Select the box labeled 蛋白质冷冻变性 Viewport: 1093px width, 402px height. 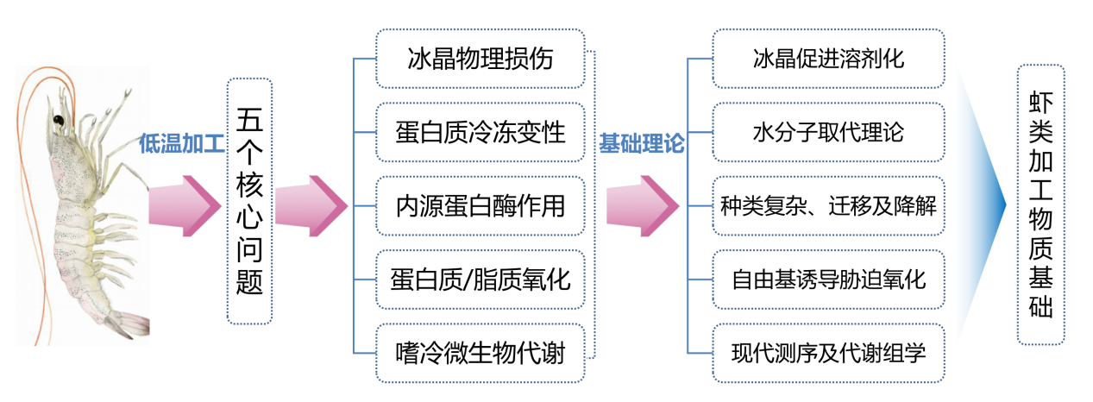[x=481, y=132]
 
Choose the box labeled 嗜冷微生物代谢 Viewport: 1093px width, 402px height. [x=481, y=352]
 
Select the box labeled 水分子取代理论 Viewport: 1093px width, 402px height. [x=828, y=132]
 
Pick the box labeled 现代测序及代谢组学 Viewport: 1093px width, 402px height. [x=828, y=352]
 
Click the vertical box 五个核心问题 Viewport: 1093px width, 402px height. [x=249, y=201]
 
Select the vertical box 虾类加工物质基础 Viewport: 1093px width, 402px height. [x=1040, y=204]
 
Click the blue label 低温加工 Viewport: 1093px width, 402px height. [x=181, y=145]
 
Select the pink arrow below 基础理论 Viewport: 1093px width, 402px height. [x=644, y=207]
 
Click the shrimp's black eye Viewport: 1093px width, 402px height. [x=60, y=117]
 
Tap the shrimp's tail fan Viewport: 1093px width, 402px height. [x=129, y=324]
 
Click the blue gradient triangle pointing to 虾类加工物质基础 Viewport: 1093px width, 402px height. [x=983, y=204]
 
